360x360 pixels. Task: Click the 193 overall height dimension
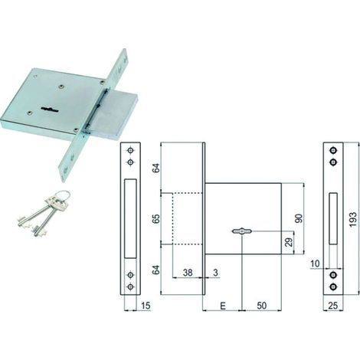(x=352, y=219)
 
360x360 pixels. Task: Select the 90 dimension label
(x=299, y=218)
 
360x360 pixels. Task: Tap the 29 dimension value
(x=289, y=242)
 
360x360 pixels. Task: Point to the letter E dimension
(x=223, y=306)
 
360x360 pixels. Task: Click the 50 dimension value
(x=262, y=306)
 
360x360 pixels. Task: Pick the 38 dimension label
(x=188, y=273)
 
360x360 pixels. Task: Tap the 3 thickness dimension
(x=216, y=273)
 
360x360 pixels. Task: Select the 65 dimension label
(x=156, y=219)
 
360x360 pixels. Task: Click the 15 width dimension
(x=146, y=306)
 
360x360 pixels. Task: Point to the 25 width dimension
(x=333, y=306)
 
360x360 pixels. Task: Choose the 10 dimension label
(x=316, y=263)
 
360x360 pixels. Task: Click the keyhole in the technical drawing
(x=242, y=231)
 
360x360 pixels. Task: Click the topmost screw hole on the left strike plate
(x=131, y=151)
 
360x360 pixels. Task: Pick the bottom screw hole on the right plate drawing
(x=333, y=286)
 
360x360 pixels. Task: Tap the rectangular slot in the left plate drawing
(x=130, y=218)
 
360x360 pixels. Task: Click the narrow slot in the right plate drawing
(x=333, y=218)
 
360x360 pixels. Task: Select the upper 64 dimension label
(x=156, y=168)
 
